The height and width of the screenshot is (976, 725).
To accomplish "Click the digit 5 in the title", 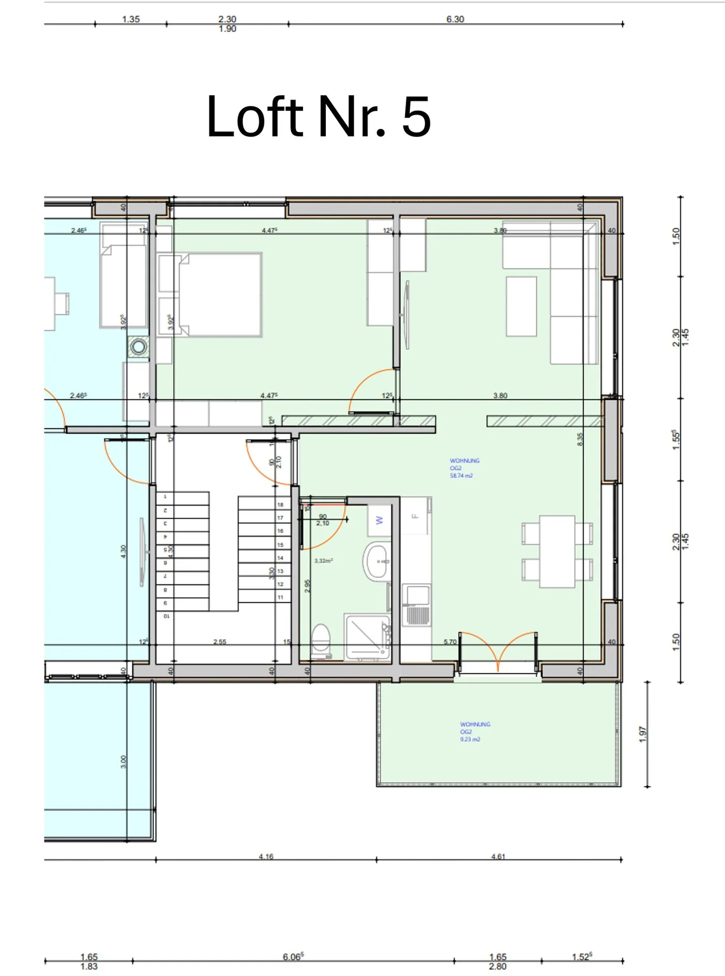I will coord(416,117).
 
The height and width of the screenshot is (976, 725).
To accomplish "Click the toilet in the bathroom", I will coord(321,640).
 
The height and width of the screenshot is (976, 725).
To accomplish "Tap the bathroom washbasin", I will coord(377,561).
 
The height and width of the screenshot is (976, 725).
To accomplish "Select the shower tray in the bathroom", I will coord(367,637).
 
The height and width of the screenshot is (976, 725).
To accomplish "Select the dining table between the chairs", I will coord(557,551).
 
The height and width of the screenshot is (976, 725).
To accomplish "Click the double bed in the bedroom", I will coord(220,295).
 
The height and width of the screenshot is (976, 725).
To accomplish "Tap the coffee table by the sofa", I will coord(521,306).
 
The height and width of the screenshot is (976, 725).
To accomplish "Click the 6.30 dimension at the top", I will coord(455,19).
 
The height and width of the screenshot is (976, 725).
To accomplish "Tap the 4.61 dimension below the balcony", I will coord(498,856).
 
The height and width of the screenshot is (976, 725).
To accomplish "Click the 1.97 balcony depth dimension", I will coord(642,734).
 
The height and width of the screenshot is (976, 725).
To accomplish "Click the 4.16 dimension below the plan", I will coord(266,856).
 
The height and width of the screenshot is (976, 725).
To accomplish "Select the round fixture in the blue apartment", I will coord(138,346).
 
